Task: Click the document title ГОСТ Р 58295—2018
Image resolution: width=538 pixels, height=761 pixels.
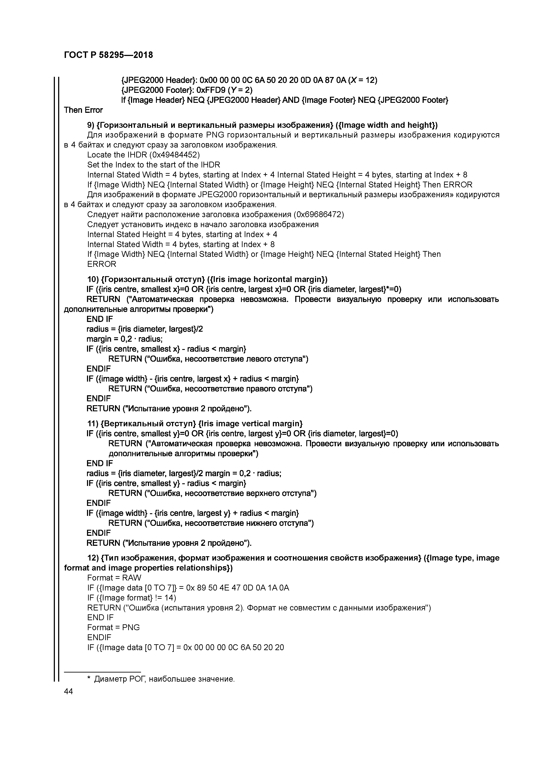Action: point(108,55)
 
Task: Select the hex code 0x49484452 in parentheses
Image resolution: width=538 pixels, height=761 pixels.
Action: point(174,155)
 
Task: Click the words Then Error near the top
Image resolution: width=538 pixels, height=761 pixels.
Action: point(83,110)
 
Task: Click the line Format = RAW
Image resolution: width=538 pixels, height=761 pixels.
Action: point(114,578)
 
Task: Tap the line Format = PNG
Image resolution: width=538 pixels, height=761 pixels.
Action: point(113,627)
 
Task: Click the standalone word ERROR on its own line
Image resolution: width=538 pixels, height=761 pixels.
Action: point(102,264)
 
